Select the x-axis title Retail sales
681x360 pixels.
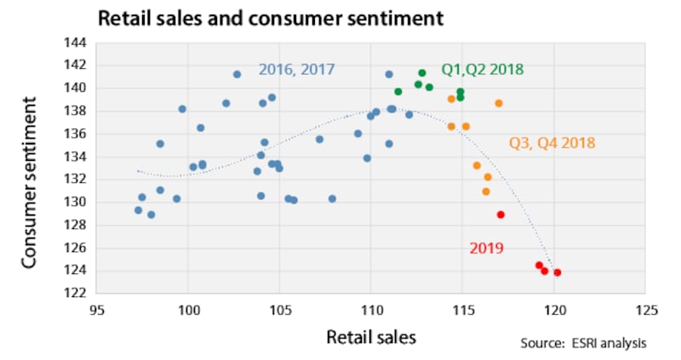(x=371, y=337)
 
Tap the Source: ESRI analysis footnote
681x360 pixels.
(x=583, y=343)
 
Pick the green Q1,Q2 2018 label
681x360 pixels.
(x=482, y=70)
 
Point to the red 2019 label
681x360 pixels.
(x=487, y=248)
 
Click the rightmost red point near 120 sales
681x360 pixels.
(x=558, y=272)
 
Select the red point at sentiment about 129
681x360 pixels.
(x=501, y=214)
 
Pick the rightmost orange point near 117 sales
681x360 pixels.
(x=499, y=103)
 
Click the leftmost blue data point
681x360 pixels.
(x=138, y=210)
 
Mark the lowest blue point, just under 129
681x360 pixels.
(x=152, y=214)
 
